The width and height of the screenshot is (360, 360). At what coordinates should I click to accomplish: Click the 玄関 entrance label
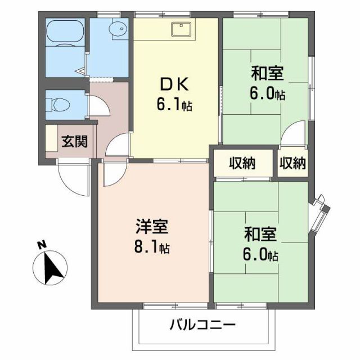(75, 141)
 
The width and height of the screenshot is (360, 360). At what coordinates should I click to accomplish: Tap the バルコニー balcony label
(202, 325)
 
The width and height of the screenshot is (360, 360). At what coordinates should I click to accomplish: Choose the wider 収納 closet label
(242, 163)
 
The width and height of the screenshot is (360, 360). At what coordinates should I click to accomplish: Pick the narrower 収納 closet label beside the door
(292, 163)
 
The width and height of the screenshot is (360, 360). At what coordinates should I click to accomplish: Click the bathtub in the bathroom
(64, 35)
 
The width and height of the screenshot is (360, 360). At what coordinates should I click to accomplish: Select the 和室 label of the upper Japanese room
(267, 74)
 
